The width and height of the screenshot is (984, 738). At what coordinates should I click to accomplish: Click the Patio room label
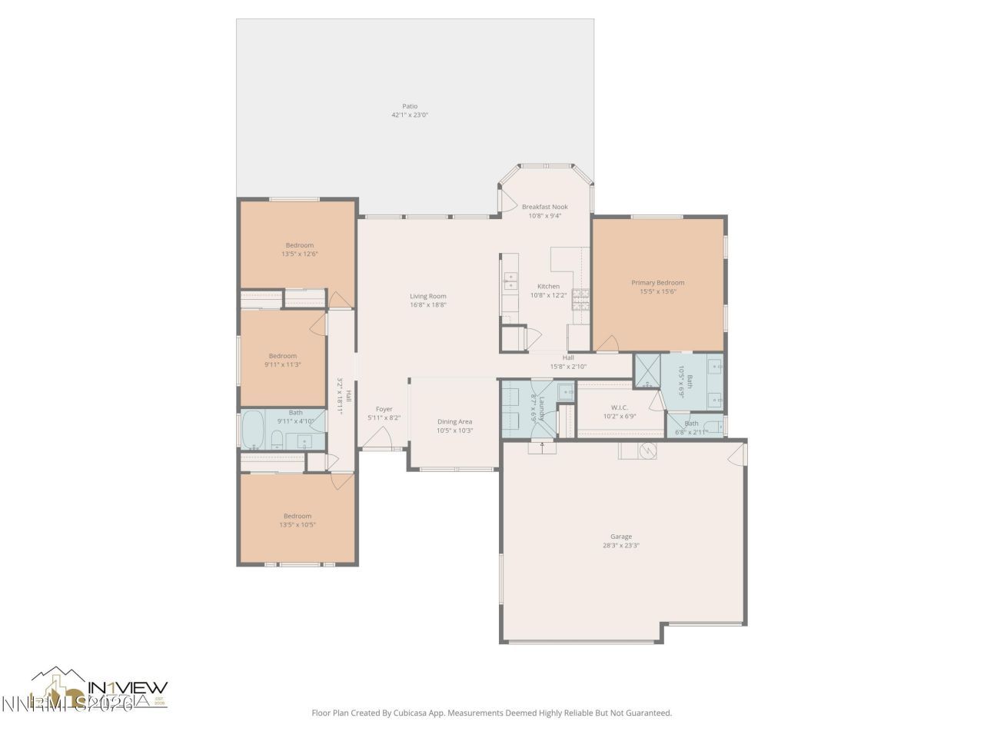[x=410, y=106]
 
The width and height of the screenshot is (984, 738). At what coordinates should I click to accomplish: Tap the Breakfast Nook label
[x=545, y=207]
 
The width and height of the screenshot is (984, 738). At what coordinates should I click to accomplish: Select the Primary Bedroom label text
[x=657, y=282]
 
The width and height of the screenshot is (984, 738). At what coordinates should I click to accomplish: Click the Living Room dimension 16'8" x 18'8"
[x=428, y=305]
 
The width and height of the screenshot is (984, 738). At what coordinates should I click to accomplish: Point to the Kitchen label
[x=548, y=286]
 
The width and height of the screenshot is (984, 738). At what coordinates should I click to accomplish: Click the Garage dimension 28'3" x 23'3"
[x=621, y=546]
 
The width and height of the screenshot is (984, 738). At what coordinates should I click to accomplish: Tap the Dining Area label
[x=454, y=421]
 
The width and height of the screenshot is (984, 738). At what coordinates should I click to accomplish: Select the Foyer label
[x=384, y=409]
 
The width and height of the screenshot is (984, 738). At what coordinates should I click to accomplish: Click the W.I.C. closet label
[x=620, y=407]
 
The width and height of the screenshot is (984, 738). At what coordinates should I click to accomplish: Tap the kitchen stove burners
[x=580, y=298]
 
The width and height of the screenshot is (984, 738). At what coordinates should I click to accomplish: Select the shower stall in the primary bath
[x=647, y=371]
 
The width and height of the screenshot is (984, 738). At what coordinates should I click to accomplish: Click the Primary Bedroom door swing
[x=607, y=344]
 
